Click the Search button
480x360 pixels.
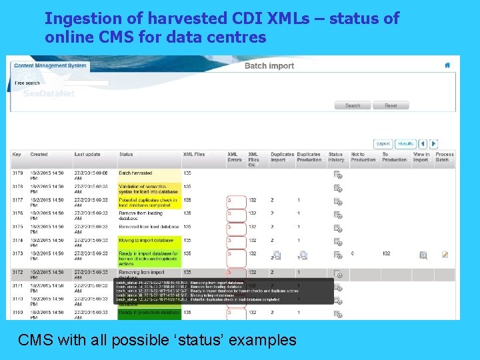[x=353, y=105]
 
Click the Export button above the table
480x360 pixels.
[x=383, y=143]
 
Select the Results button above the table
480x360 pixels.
[x=405, y=143]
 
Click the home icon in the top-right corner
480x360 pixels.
[x=447, y=65]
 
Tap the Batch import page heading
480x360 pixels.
[x=269, y=65]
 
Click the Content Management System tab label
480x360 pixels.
[x=50, y=65]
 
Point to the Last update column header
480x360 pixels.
[x=87, y=155]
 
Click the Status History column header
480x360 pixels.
[x=336, y=157]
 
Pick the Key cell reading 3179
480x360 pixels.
[x=17, y=173]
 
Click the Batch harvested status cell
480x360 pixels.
[x=135, y=173]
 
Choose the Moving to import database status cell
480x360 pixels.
[x=146, y=240]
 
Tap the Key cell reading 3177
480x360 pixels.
[x=17, y=200]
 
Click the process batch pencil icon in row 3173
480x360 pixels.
[x=445, y=255]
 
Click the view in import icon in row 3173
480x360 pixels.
[x=423, y=255]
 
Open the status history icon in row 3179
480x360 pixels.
[x=338, y=175]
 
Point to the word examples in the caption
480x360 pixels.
[x=262, y=340]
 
